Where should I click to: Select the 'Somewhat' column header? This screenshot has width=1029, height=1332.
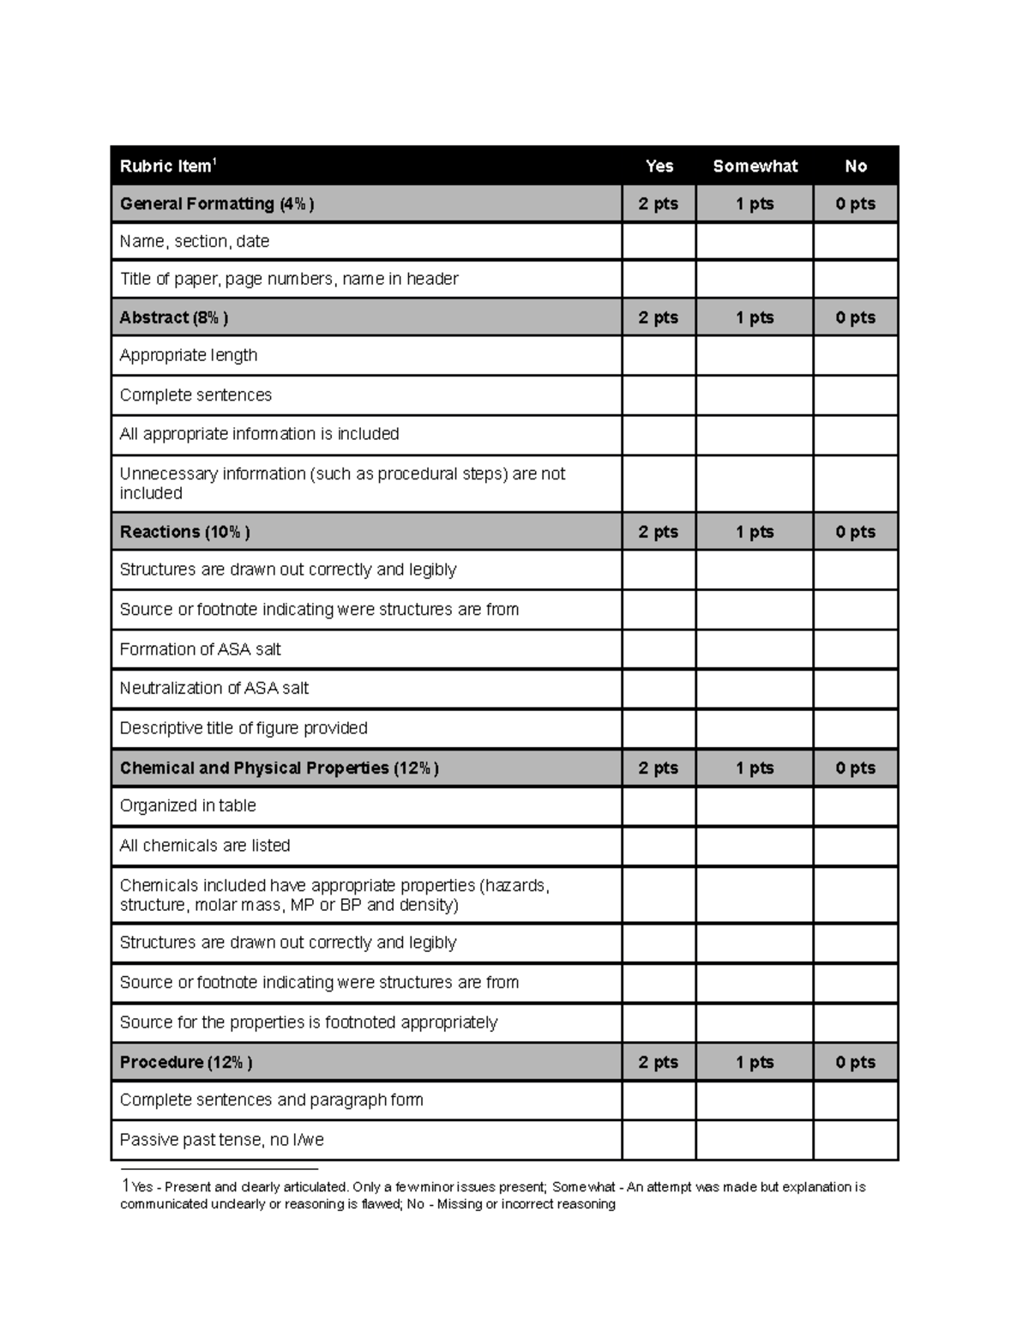755,166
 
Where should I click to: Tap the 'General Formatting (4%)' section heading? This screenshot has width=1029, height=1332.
217,204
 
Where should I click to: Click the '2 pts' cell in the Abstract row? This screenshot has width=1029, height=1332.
658,317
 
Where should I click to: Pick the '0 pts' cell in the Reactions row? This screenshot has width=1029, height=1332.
855,532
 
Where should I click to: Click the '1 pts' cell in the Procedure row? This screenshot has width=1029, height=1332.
755,1062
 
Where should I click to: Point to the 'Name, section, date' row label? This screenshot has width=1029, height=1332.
195,242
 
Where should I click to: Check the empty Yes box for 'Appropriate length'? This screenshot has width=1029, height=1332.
658,355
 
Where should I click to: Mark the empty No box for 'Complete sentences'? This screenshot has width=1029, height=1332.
855,395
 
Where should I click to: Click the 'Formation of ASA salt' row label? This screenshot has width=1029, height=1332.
201,649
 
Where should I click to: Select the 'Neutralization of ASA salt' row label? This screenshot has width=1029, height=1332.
214,688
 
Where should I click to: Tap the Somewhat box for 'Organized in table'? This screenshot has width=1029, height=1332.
755,806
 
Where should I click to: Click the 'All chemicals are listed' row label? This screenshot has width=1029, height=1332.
205,846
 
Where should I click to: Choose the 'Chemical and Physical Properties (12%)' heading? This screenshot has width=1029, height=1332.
280,768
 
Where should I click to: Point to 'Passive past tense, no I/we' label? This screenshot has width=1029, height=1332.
222,1140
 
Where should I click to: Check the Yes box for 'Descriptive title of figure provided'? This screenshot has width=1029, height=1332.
658,728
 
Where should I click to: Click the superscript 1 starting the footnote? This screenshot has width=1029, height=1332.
125,1185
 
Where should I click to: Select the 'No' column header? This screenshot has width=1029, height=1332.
855,166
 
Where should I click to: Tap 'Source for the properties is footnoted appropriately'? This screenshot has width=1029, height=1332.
309,1022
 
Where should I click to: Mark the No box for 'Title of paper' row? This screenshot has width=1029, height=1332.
855,280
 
